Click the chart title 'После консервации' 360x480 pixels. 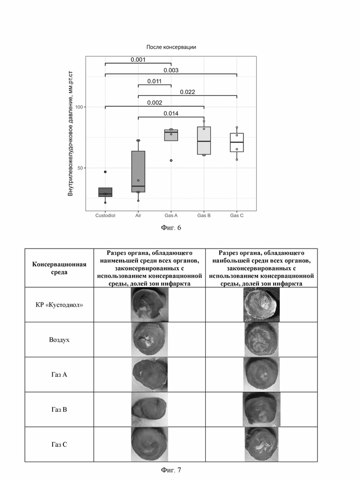tap(171, 47)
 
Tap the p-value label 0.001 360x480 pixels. tap(138, 59)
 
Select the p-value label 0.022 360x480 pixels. tap(187, 92)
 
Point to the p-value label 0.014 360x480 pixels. tap(171, 113)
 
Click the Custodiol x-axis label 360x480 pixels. tap(105, 215)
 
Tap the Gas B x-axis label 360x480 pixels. tap(204, 215)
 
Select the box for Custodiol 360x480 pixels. tap(105, 192)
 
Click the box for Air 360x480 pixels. tap(138, 172)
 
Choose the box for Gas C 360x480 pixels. tap(237, 142)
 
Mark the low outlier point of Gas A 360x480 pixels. tap(171, 160)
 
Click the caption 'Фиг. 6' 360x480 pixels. tap(171, 227)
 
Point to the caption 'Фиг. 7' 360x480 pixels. tap(171, 469)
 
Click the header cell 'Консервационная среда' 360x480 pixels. tap(59, 268)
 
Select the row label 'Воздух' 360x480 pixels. tap(59, 340)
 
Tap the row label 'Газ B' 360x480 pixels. tap(59, 409)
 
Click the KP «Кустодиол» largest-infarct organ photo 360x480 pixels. tap(261, 305)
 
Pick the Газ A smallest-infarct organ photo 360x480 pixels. tap(150, 374)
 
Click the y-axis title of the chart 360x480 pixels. tap(70, 133)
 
